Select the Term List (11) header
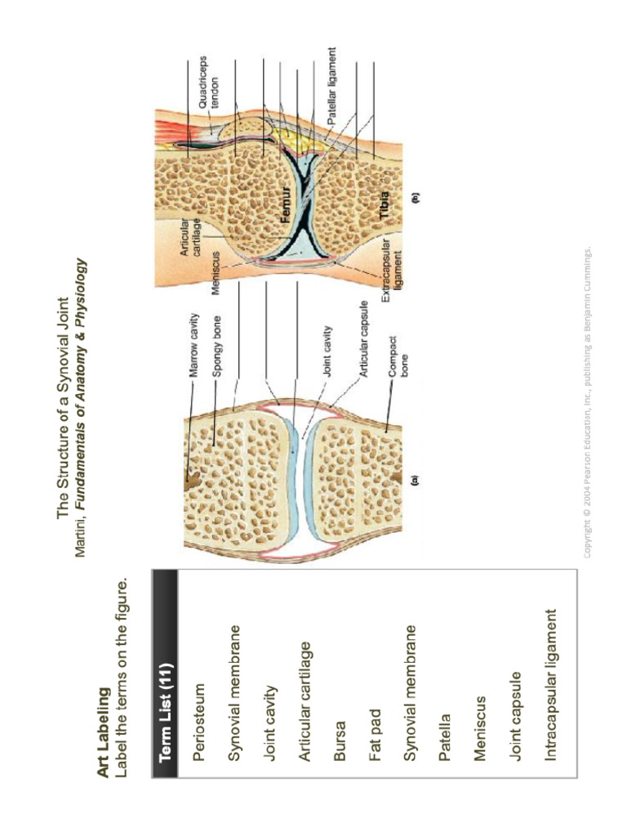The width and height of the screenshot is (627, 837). tap(165, 712)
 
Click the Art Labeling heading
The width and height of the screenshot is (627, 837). tap(104, 732)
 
